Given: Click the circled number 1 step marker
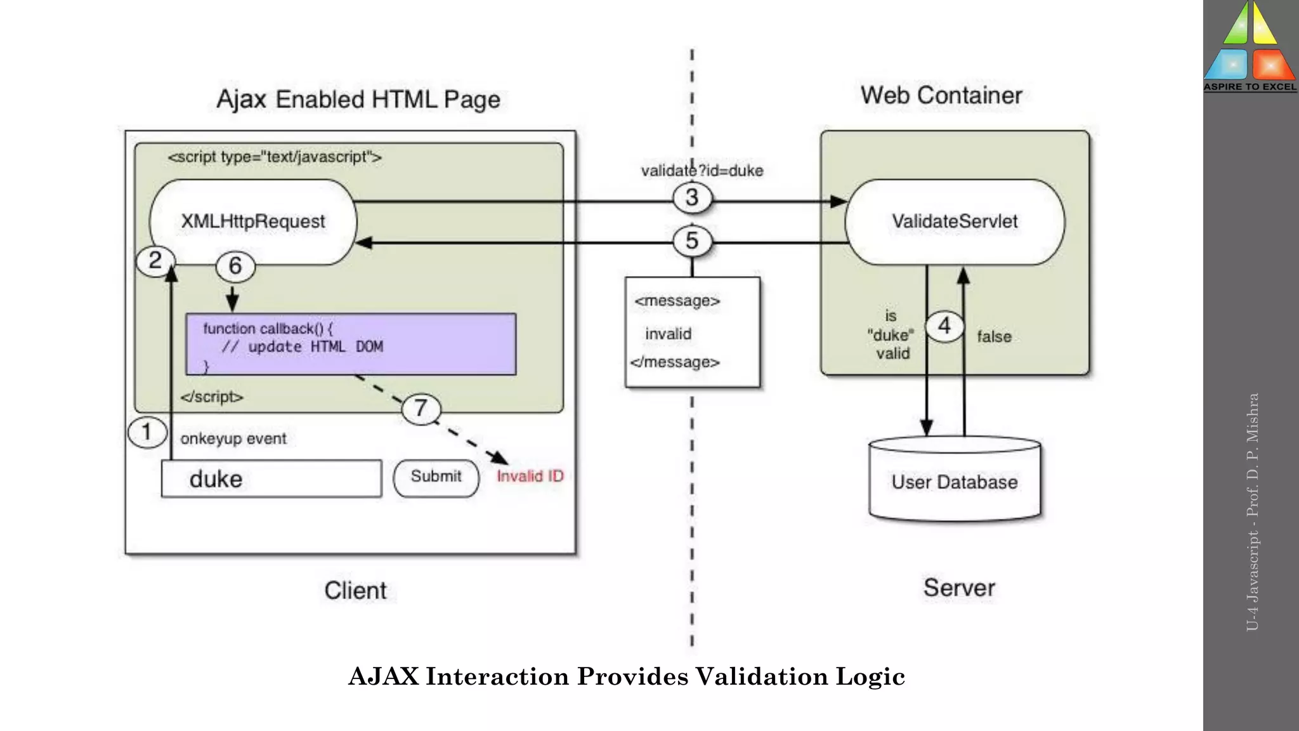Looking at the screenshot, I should (x=147, y=432).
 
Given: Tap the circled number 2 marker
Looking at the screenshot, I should (x=155, y=261).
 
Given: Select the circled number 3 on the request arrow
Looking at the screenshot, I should (x=692, y=198).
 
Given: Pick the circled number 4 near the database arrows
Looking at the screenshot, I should (x=944, y=326).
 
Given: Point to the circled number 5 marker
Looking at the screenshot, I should (x=692, y=241).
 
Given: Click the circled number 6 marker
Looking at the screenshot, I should (x=235, y=266).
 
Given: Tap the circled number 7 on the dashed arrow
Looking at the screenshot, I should (x=421, y=409).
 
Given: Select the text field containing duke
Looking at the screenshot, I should (x=271, y=479).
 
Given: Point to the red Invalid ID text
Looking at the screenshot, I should (x=530, y=477).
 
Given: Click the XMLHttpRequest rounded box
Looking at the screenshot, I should (x=253, y=221).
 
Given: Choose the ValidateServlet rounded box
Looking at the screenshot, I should (x=955, y=221).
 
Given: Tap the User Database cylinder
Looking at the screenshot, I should (x=955, y=481).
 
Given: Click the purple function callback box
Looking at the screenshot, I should (x=351, y=345).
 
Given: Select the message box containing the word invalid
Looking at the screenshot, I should (x=692, y=332).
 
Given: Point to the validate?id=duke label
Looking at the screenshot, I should (x=702, y=171).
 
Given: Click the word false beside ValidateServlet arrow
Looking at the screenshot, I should (x=994, y=337).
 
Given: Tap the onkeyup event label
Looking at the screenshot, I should (x=233, y=439).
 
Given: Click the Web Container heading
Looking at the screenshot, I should (x=941, y=96).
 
